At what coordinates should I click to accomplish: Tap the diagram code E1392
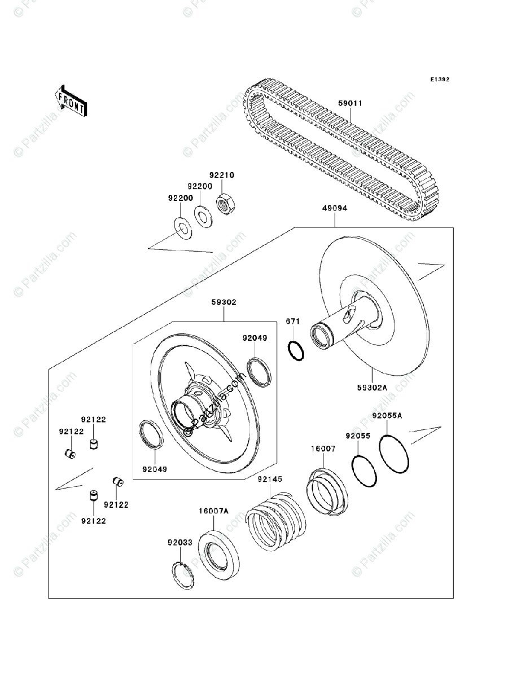[439, 80]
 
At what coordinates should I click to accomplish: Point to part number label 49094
[335, 208]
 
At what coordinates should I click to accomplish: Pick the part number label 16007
[323, 449]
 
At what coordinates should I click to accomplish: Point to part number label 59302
[224, 302]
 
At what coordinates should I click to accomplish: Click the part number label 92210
[222, 175]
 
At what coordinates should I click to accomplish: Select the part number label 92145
[270, 480]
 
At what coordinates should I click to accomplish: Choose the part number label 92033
[179, 542]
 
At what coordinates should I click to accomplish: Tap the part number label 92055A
[387, 416]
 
